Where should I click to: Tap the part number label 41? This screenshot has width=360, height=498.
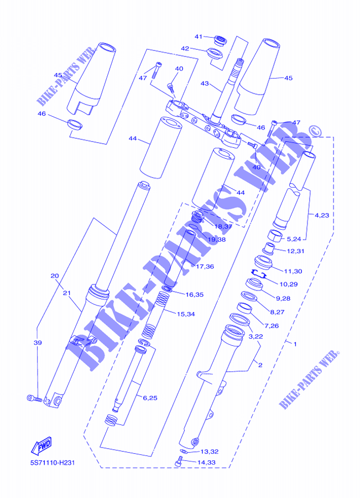pos(199,37)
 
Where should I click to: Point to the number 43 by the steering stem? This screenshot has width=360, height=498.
pos(205,84)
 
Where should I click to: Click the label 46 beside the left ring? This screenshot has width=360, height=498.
pos(41,113)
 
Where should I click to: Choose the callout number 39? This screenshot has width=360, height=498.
pos(38,343)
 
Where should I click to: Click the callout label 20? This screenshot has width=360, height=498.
pos(54,276)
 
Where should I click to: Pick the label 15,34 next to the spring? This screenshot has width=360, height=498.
pos(186,314)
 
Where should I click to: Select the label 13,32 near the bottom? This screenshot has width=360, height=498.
pos(209,452)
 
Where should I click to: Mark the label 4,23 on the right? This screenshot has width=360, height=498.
pos(321,215)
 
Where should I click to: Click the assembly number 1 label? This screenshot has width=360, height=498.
pos(295,344)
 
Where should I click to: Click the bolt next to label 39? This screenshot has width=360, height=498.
pos(34,397)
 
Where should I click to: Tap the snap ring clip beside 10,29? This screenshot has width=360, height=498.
pos(259,272)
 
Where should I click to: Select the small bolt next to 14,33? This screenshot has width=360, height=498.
pos(179,461)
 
